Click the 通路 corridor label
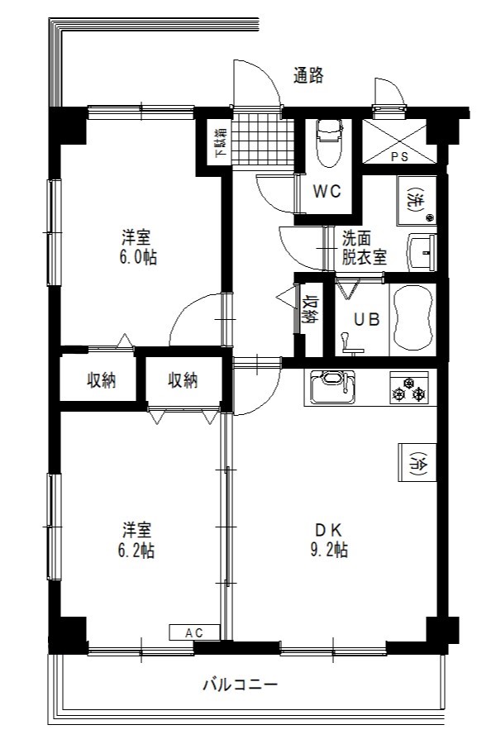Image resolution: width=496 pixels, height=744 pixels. pyautogui.click(x=308, y=75)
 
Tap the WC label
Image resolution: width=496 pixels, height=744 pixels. pyautogui.click(x=327, y=191)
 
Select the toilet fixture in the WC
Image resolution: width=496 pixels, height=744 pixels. pyautogui.click(x=328, y=141)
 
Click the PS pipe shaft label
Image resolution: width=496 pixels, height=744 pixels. pyautogui.click(x=399, y=157)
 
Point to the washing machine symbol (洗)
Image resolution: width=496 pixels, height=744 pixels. pyautogui.click(x=417, y=200)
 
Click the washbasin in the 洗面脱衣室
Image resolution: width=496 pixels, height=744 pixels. pyautogui.click(x=422, y=252)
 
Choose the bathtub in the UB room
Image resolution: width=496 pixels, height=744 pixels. pyautogui.click(x=412, y=319)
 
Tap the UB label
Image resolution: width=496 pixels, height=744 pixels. pyautogui.click(x=367, y=319)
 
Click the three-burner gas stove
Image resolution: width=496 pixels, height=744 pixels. pyautogui.click(x=409, y=388)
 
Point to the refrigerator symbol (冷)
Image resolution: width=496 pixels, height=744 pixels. pyautogui.click(x=417, y=462)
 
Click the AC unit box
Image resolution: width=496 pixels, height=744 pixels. pyautogui.click(x=194, y=632)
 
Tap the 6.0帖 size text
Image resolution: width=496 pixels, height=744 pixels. pyautogui.click(x=138, y=257)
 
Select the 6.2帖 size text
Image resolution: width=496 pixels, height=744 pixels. pyautogui.click(x=136, y=550)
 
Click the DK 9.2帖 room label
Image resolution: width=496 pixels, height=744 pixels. pyautogui.click(x=329, y=539)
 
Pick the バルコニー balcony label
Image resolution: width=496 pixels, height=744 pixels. pyautogui.click(x=241, y=684)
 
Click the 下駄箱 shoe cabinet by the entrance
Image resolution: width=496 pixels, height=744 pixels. pyautogui.click(x=220, y=142)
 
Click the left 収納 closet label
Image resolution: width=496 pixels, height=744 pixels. pyautogui.click(x=102, y=380)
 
